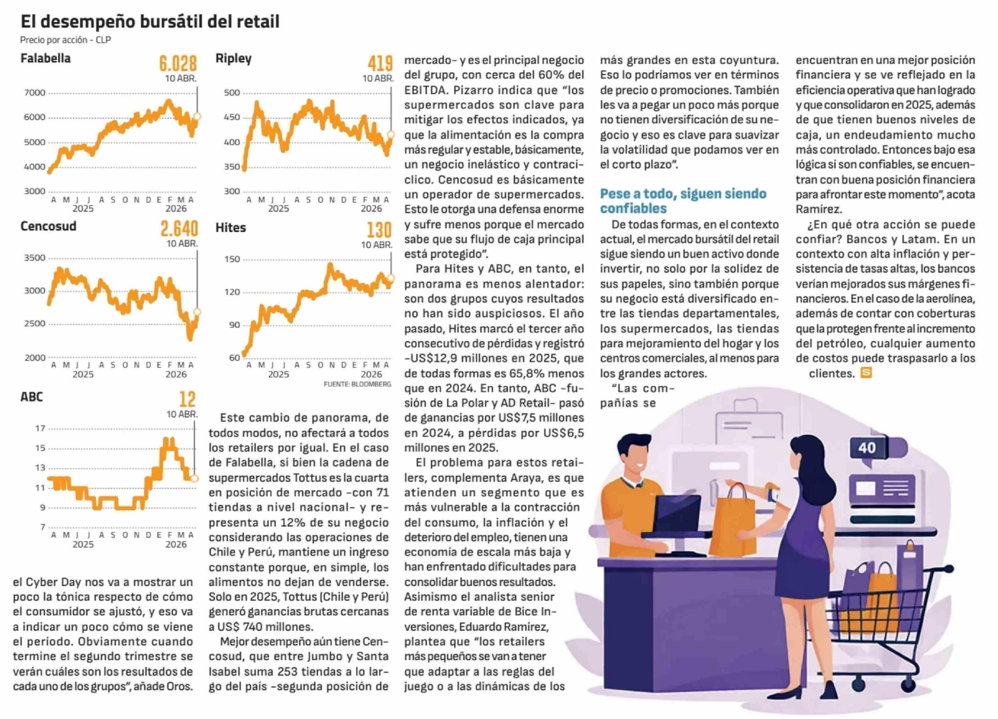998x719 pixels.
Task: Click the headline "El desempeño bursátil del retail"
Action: tap(150, 22)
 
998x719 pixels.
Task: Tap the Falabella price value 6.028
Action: tap(178, 64)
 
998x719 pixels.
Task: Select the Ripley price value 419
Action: tap(380, 64)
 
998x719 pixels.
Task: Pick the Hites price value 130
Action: tap(379, 230)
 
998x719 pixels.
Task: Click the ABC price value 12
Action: tap(187, 399)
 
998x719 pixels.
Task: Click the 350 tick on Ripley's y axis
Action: tap(232, 167)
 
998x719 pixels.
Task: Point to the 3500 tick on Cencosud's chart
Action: tap(35, 258)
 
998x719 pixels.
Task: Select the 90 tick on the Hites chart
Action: tap(235, 325)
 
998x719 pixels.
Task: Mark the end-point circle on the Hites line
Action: tap(391, 278)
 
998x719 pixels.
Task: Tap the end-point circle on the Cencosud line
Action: tap(197, 312)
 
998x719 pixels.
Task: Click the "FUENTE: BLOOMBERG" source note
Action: tap(357, 384)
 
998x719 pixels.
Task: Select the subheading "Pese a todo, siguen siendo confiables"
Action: tap(683, 201)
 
